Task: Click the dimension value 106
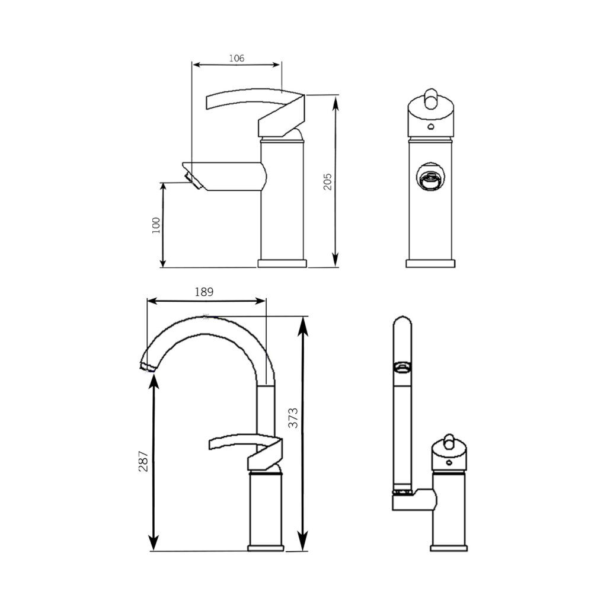tap(237, 58)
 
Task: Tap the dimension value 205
tap(328, 181)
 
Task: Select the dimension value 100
tap(156, 225)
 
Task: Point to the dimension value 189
tap(204, 292)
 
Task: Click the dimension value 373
tap(294, 418)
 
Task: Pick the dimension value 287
tap(143, 461)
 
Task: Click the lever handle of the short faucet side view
tap(255, 113)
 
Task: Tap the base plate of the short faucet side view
tap(282, 264)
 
